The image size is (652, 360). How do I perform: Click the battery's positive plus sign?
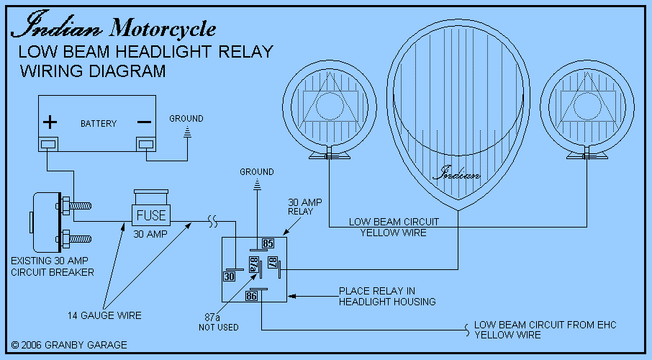click(50, 122)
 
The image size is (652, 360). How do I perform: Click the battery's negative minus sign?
click(145, 122)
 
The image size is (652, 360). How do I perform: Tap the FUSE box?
click(151, 214)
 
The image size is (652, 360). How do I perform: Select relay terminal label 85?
click(268, 243)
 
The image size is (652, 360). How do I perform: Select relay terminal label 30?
click(230, 276)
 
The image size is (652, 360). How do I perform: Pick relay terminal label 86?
click(252, 295)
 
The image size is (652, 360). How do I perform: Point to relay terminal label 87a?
click(253, 264)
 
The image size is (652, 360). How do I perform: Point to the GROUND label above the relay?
click(257, 172)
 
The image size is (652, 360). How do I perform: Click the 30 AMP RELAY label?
click(302, 207)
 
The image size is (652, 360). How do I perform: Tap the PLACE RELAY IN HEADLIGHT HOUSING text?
click(387, 297)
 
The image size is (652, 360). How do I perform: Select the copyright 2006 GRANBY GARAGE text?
click(69, 345)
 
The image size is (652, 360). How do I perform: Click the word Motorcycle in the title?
click(163, 29)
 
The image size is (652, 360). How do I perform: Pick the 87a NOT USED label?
click(219, 322)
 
